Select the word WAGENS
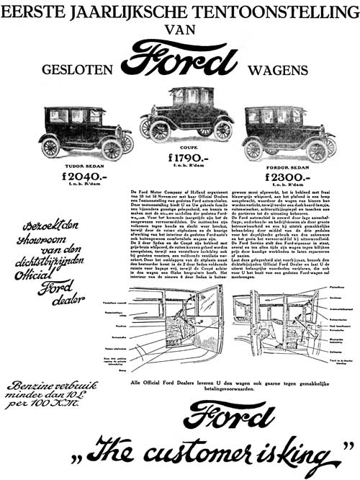pyautogui.click(x=275, y=71)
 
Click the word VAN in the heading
pyautogui.click(x=179, y=30)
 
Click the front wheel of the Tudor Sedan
pyautogui.click(x=112, y=149)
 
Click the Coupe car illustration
pyautogui.click(x=184, y=115)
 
